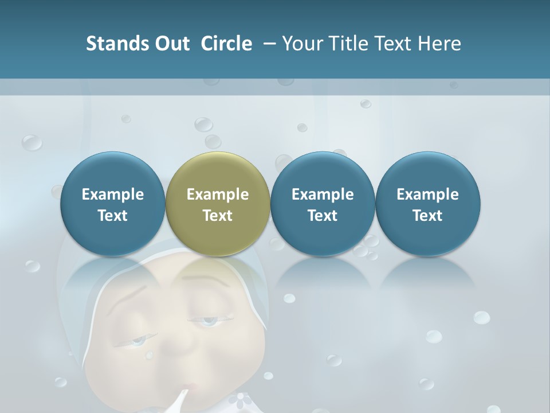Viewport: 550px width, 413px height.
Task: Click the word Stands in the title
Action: [116, 44]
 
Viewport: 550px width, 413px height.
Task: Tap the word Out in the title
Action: [171, 44]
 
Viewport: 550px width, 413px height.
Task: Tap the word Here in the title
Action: [439, 44]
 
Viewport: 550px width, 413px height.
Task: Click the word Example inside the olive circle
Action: [218, 194]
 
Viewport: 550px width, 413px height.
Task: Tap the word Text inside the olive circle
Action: [218, 216]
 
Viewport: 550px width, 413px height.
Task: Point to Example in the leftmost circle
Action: [113, 194]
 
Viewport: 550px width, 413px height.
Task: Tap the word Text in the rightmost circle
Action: [428, 216]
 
